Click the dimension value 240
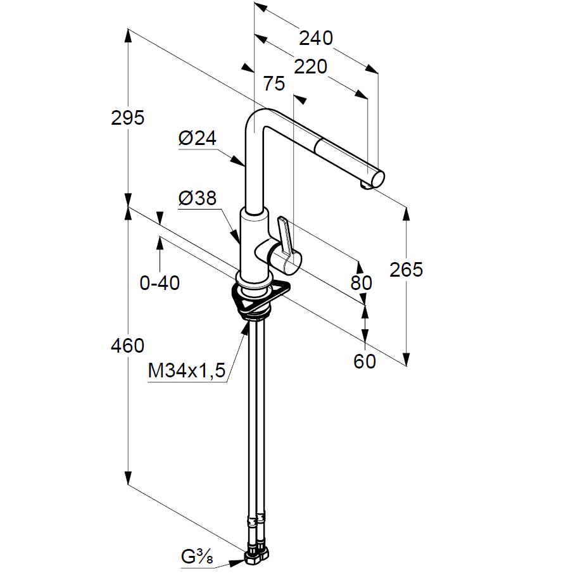tap(315, 39)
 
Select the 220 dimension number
tap(310, 66)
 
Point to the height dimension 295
tap(127, 118)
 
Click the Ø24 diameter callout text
tap(197, 139)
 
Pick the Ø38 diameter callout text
tap(197, 199)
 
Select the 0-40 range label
tap(160, 283)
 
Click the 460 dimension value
tap(127, 346)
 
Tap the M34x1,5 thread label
tap(187, 371)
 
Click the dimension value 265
tap(406, 270)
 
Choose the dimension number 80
tap(362, 283)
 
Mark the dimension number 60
tap(365, 362)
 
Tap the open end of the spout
tap(375, 179)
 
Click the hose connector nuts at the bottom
tap(256, 555)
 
